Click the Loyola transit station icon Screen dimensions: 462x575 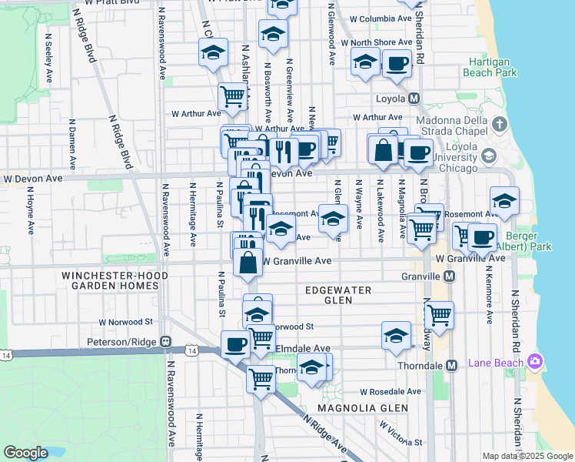[414, 99]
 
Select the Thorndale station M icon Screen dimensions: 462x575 [452, 365]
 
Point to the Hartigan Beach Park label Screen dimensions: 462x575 [492, 66]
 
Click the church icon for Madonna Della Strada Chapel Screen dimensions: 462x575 [500, 124]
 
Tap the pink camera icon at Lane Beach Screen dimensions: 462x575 [536, 361]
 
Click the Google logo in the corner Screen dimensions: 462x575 [25, 453]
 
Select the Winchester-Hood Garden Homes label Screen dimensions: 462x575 [100, 280]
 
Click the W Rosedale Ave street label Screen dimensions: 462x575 [390, 391]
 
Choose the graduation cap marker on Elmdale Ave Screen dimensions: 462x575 [395, 336]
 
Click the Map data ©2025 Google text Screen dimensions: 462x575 [527, 456]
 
